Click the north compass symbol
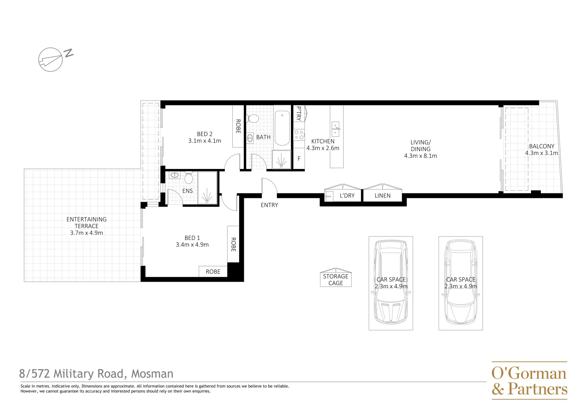[x=51, y=59]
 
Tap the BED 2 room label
[x=205, y=134]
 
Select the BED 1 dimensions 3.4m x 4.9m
[x=192, y=245]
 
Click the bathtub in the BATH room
[x=282, y=128]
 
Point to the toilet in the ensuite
[x=189, y=178]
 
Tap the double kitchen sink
[x=336, y=129]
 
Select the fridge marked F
[x=299, y=159]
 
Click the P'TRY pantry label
[x=299, y=113]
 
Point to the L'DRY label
[x=347, y=196]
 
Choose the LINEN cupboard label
[x=382, y=196]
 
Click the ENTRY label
[x=269, y=205]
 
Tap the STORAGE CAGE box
[x=336, y=279]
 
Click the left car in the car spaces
[x=391, y=283]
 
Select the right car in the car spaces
[x=460, y=283]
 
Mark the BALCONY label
[x=541, y=146]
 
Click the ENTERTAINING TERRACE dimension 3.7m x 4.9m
[x=86, y=233]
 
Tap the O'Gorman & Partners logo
[x=529, y=381]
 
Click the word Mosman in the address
[x=152, y=374]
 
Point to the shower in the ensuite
[x=207, y=188]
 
